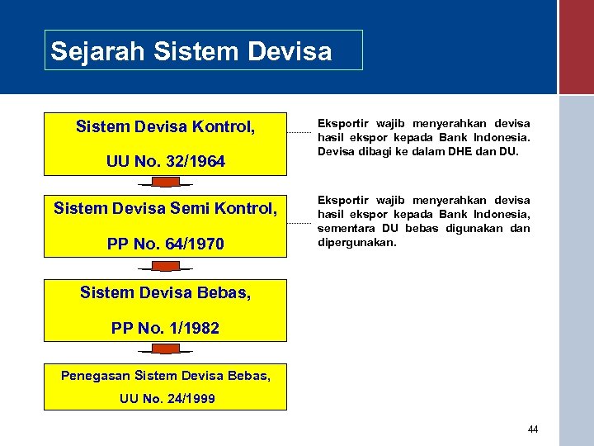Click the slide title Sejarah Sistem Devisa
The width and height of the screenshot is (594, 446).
(191, 51)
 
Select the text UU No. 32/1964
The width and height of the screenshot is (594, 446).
(165, 161)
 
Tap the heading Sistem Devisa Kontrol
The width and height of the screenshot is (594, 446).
(165, 126)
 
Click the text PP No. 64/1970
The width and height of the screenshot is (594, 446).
(165, 244)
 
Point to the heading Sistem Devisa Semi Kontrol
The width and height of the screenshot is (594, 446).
(165, 209)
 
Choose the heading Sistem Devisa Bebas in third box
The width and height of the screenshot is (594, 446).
(165, 292)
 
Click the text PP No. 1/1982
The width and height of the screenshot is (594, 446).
(165, 328)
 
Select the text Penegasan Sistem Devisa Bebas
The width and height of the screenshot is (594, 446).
(165, 376)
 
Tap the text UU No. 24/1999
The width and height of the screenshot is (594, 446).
(167, 399)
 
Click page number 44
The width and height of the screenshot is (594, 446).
(532, 429)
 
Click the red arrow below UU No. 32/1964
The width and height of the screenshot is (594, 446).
(166, 183)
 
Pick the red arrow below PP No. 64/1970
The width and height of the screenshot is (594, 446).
(166, 267)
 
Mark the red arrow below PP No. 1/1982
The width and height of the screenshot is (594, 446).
(166, 349)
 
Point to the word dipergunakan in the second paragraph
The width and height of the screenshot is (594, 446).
(356, 243)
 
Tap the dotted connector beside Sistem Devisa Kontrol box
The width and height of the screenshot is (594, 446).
(300, 132)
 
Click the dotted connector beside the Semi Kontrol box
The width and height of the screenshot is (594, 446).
(300, 214)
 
